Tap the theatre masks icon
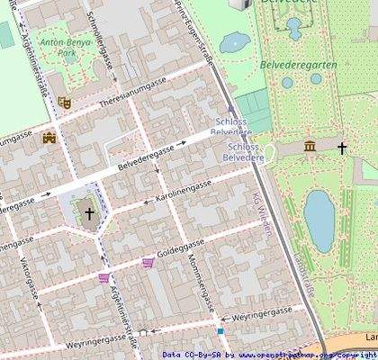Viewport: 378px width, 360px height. coord(64,103)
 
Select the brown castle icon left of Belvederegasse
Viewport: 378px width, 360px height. coord(49,138)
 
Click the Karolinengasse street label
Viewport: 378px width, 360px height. coord(184,190)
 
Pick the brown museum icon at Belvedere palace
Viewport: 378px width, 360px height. coord(310,146)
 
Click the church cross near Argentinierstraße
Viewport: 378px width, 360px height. coord(89,214)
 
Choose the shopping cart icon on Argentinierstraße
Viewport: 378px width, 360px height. coord(104,277)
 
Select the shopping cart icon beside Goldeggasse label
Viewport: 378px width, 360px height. coord(148,263)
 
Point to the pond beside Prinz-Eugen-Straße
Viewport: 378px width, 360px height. coord(235,41)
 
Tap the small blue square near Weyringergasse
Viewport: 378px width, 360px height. coord(220,331)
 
